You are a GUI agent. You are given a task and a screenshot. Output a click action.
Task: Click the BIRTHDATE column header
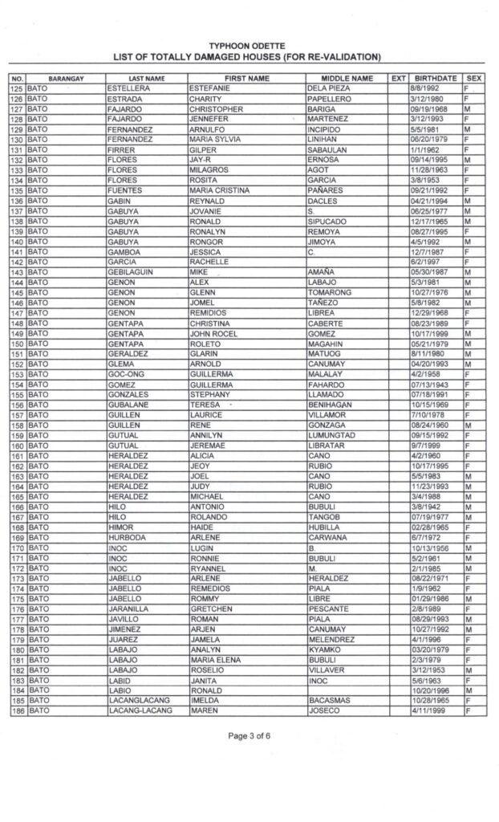(x=434, y=78)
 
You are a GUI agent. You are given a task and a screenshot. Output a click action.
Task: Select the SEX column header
(x=473, y=78)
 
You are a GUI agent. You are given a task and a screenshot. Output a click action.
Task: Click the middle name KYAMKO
(x=325, y=648)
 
